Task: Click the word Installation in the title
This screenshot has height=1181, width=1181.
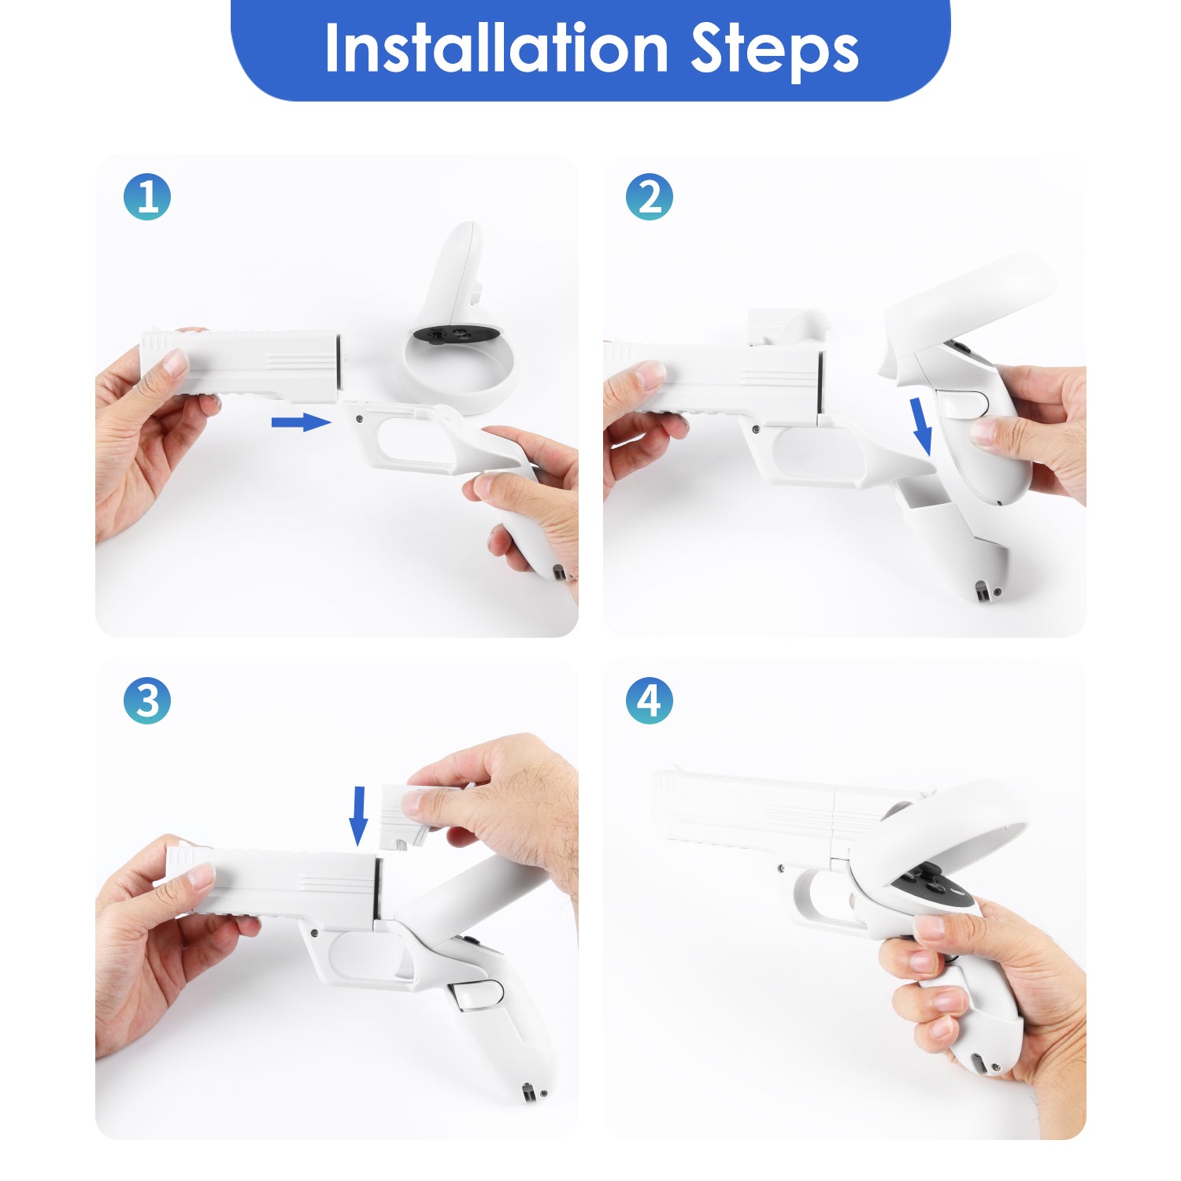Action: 497,48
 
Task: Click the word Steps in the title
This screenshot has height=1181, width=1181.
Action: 775,50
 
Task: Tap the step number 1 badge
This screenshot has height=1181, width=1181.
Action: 147,197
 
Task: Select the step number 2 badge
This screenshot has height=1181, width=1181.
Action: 650,197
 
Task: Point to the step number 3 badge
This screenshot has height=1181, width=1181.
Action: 147,700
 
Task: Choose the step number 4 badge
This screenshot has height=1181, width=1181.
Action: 650,700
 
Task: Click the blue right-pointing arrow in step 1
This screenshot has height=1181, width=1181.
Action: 301,423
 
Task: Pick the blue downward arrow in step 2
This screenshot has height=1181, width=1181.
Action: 920,426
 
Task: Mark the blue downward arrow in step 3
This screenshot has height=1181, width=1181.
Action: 358,816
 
